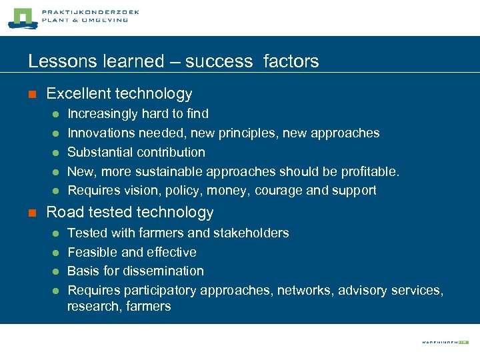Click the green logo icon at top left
point(21,18)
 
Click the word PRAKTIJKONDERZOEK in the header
point(91,12)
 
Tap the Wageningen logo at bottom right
point(445,342)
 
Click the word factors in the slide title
point(291,61)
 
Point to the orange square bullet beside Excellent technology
point(31,94)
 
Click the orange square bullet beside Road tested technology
point(31,213)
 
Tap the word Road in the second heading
point(63,213)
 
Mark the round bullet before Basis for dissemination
point(56,271)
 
